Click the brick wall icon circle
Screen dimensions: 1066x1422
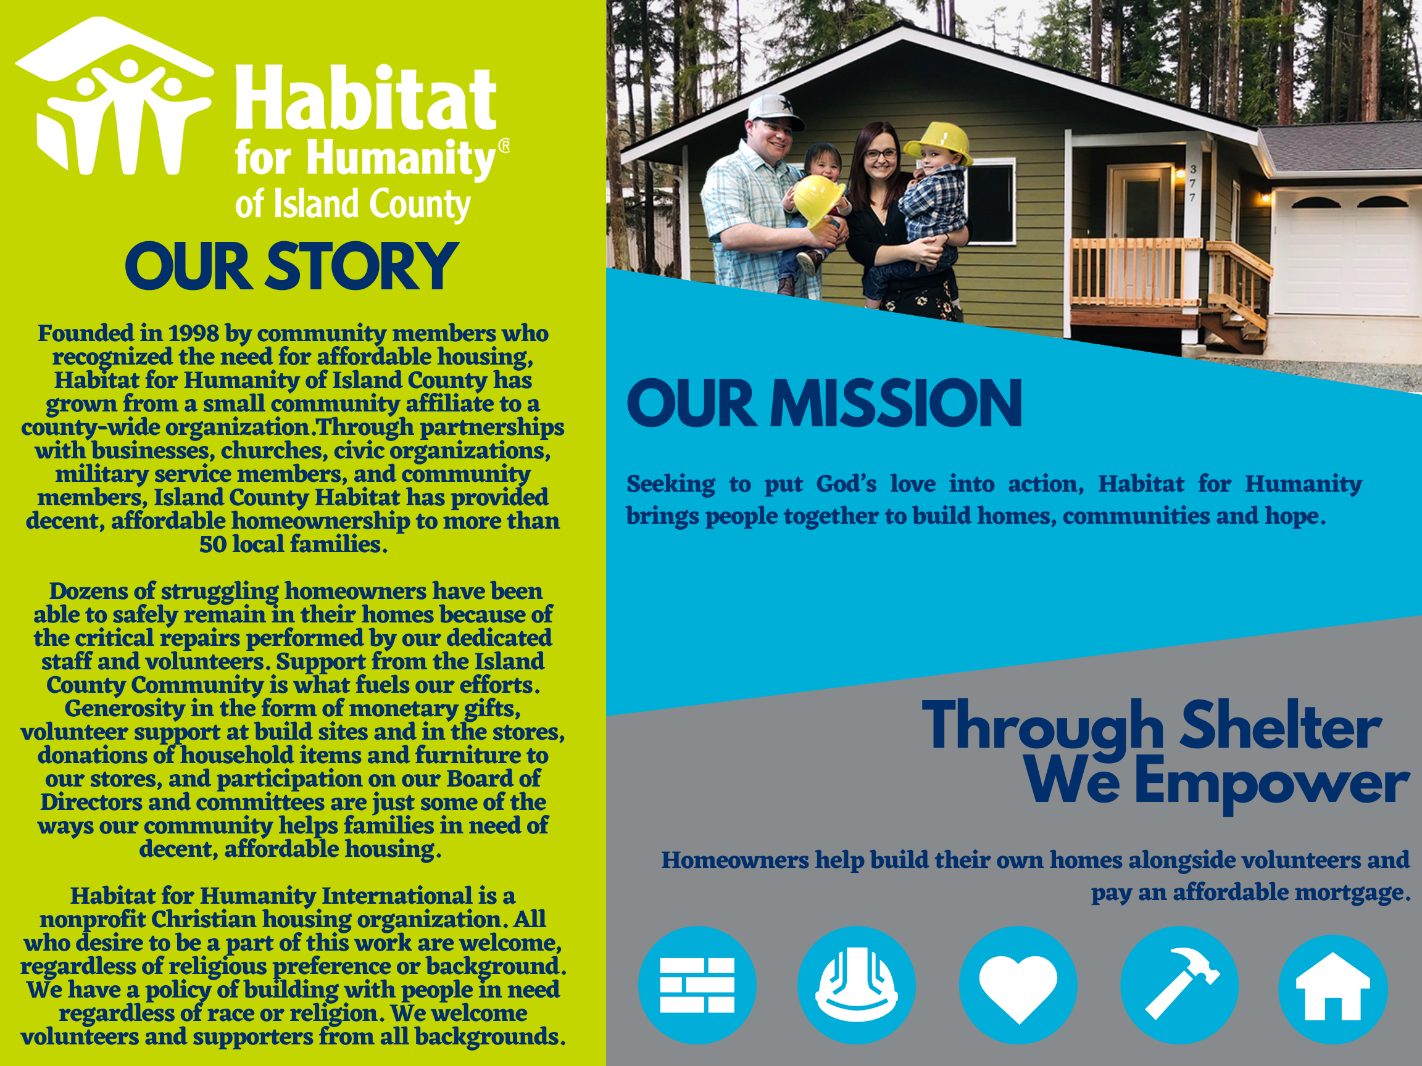[697, 985]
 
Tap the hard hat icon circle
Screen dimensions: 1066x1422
[856, 985]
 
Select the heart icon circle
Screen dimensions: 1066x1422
[1018, 985]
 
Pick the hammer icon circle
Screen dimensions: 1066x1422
[1179, 985]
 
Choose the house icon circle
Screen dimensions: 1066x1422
[1333, 989]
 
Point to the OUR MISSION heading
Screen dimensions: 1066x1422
[824, 403]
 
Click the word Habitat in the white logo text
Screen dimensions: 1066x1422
[365, 97]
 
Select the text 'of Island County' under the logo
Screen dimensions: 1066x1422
[353, 204]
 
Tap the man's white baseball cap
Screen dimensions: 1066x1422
[774, 110]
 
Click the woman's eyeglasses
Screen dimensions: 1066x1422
[880, 154]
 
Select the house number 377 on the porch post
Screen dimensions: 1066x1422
[1192, 183]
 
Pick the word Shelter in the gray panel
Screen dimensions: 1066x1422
[1281, 726]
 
